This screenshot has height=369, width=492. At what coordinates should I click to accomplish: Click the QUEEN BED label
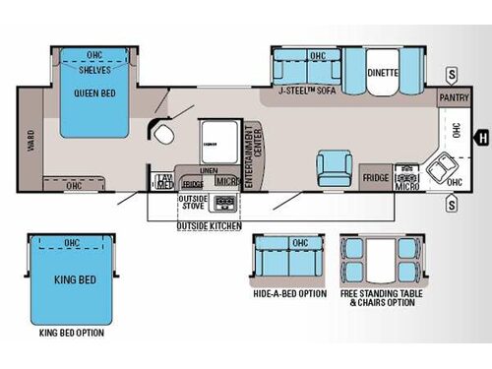[x=94, y=94]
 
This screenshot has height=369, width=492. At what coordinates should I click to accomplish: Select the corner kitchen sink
[x=439, y=170]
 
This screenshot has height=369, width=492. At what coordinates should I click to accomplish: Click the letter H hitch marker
[x=482, y=137]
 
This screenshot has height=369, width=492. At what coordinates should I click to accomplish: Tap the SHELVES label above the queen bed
[x=94, y=70]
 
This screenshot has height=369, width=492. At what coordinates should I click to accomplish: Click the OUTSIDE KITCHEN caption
[x=208, y=227]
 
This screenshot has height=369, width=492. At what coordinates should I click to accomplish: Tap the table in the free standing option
[x=380, y=261]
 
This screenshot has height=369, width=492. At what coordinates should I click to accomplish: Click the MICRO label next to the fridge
[x=405, y=184]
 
